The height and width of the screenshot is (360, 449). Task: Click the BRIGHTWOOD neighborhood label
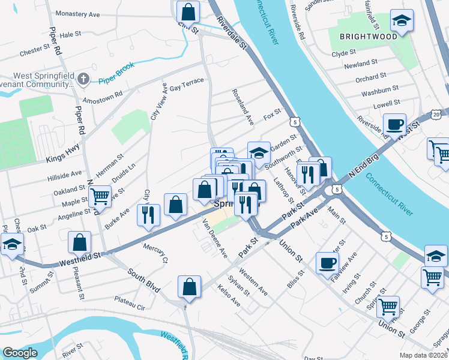(x=368, y=36)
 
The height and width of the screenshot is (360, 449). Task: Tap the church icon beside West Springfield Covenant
(x=83, y=79)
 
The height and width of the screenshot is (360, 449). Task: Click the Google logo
(x=20, y=353)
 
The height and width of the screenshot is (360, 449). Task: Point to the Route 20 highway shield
(x=436, y=114)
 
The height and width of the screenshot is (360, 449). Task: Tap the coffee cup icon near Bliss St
(x=327, y=262)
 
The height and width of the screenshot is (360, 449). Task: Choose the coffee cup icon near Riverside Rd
(x=394, y=124)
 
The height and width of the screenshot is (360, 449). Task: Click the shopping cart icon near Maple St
(x=100, y=195)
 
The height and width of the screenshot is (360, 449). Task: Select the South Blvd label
(x=143, y=280)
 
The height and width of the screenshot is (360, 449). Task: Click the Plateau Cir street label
(x=130, y=307)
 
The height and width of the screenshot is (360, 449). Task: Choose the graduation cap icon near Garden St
(x=259, y=153)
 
